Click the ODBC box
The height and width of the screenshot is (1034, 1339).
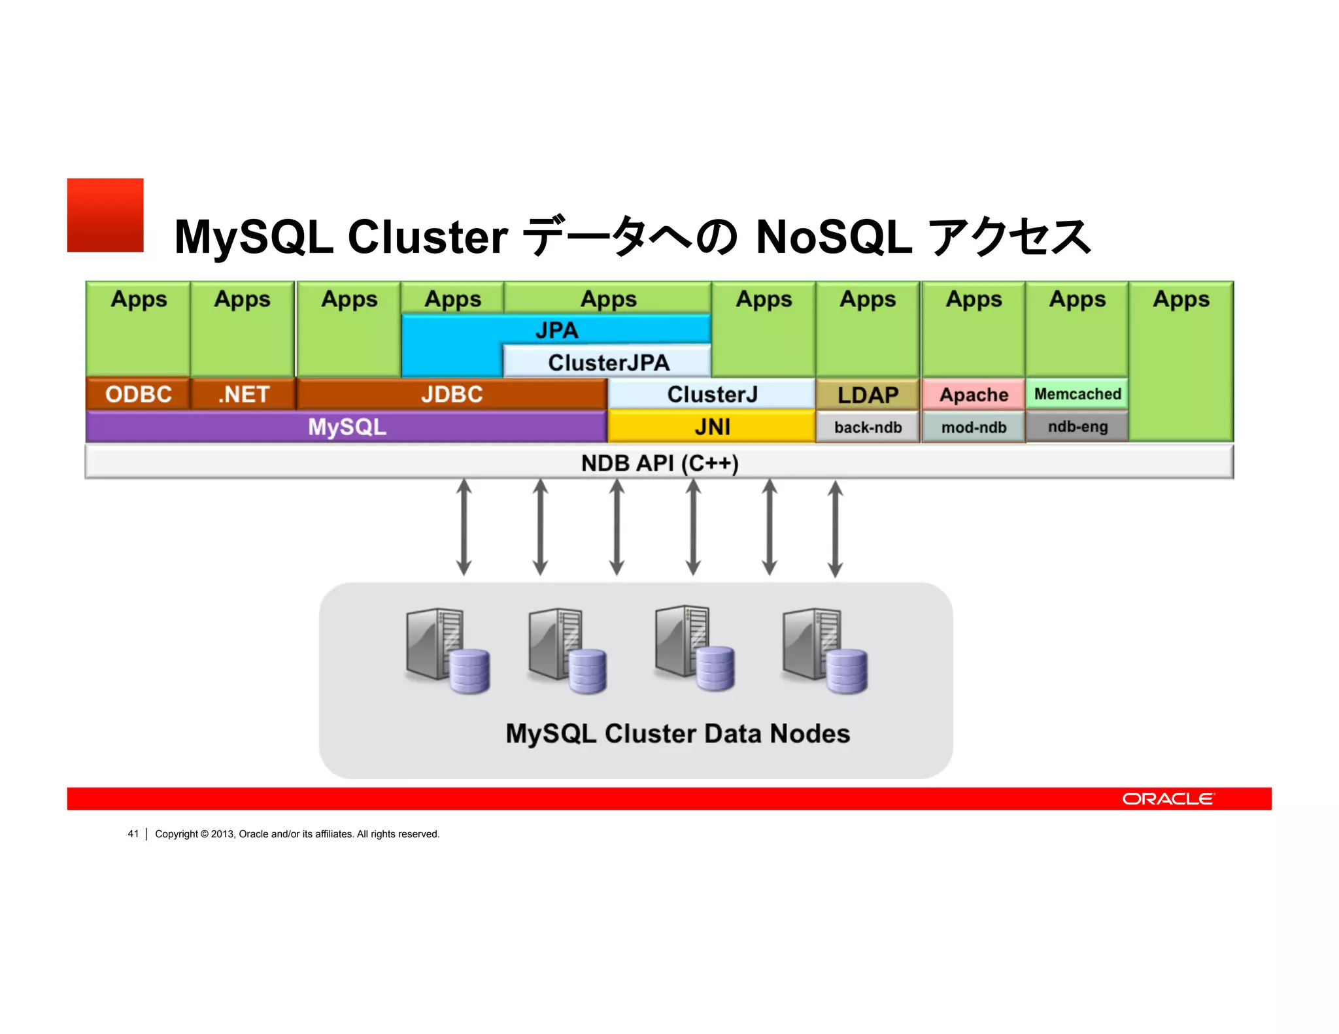(x=138, y=394)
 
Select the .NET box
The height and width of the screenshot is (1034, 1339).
(x=243, y=394)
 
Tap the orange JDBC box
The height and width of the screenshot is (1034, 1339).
(x=451, y=394)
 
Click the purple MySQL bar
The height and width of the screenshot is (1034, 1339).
(x=347, y=427)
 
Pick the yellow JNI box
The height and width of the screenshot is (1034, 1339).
(x=711, y=427)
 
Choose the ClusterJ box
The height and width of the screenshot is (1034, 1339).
(x=711, y=394)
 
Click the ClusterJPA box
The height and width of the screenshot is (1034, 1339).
(x=608, y=362)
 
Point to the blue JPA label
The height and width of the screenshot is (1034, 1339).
(x=556, y=330)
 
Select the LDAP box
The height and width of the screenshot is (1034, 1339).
(x=868, y=395)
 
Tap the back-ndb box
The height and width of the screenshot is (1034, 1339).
(x=868, y=427)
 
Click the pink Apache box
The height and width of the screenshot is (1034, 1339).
(x=973, y=395)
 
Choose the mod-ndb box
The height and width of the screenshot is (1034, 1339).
(x=973, y=427)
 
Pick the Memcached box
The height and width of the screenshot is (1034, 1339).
(x=1077, y=394)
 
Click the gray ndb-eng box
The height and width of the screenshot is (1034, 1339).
(x=1077, y=427)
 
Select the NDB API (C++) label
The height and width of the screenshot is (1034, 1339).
(x=659, y=463)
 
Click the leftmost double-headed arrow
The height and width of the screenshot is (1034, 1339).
(x=464, y=527)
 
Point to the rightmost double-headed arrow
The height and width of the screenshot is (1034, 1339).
(x=835, y=528)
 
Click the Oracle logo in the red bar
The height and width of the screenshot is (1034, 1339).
(x=1168, y=799)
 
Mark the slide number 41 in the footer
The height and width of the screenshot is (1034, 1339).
(x=133, y=834)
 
